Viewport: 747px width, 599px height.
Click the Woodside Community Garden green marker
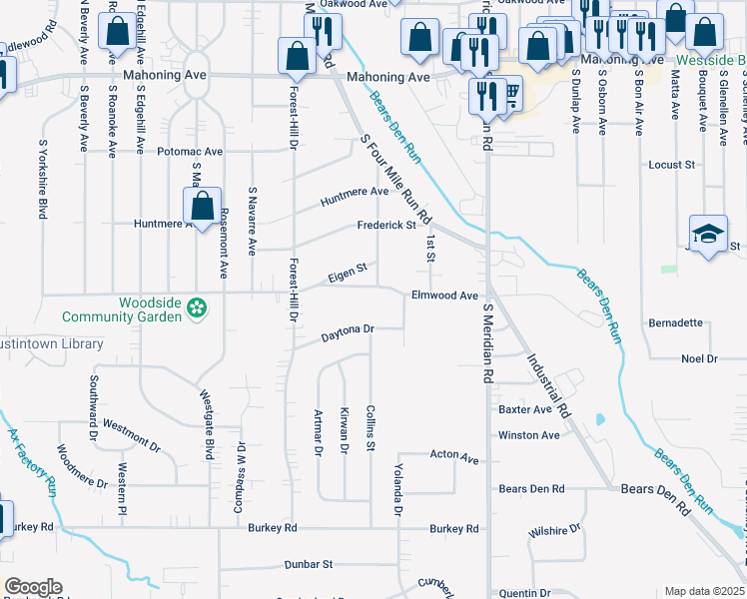pyautogui.click(x=198, y=307)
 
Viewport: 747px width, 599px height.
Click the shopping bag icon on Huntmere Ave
pyautogui.click(x=203, y=209)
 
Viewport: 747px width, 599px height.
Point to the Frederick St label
pyautogui.click(x=386, y=226)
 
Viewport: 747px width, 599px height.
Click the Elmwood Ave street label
pyautogui.click(x=444, y=296)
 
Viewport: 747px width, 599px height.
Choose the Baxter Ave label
pyautogui.click(x=524, y=409)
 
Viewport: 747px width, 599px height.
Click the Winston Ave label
pyautogui.click(x=528, y=435)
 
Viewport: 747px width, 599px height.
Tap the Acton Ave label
pyautogui.click(x=454, y=455)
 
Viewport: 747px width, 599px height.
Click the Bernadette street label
pyautogui.click(x=675, y=323)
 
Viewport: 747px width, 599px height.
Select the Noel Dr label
pyautogui.click(x=698, y=358)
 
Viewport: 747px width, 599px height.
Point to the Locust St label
pyautogui.click(x=671, y=165)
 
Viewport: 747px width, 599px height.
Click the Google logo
pyautogui.click(x=32, y=587)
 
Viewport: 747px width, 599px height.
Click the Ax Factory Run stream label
pyautogui.click(x=32, y=464)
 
